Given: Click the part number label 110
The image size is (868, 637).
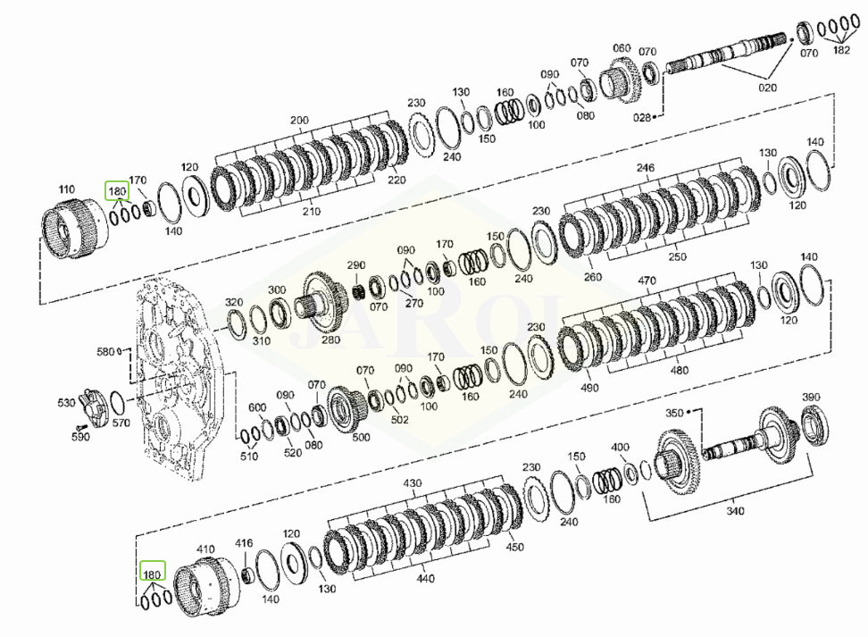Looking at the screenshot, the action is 66,190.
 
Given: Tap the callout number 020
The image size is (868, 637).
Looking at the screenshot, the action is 767,88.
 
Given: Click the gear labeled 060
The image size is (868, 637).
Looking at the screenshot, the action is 625,81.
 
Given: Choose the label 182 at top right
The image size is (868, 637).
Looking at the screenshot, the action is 841,50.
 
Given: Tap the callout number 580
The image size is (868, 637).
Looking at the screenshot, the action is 105,352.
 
